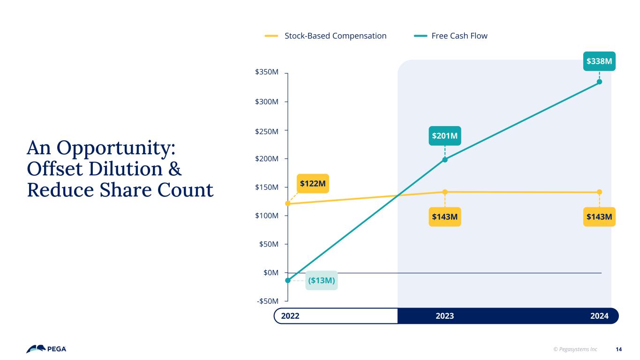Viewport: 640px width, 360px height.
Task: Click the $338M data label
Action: pos(599,61)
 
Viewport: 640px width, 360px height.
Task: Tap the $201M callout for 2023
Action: pos(444,136)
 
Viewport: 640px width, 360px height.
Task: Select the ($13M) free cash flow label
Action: pos(321,281)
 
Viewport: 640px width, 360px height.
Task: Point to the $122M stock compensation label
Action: pos(313,183)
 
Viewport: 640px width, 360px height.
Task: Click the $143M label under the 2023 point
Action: pos(444,217)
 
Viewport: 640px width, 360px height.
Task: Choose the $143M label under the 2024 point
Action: pos(599,217)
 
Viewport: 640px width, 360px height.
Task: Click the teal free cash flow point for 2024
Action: pos(599,82)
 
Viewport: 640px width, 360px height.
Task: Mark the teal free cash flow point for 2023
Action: pos(444,160)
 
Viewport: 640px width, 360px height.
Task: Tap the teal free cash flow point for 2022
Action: pos(287,280)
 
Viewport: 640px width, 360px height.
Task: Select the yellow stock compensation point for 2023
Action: pos(444,192)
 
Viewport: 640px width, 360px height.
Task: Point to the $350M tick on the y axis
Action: pos(267,73)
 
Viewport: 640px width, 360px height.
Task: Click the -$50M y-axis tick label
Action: pos(268,301)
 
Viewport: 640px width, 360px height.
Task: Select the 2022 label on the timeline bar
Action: pos(290,316)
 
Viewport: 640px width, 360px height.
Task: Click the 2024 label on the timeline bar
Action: pos(599,316)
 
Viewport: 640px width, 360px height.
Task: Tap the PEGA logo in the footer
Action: pos(46,349)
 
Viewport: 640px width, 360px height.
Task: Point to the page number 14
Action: pos(618,349)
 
